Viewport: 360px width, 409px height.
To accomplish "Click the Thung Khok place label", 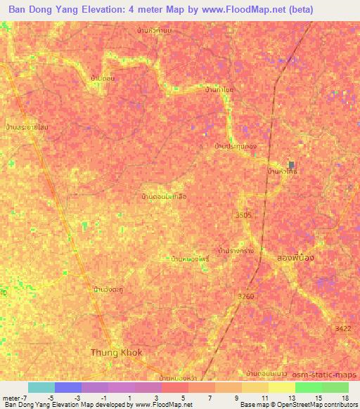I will pos(117,351).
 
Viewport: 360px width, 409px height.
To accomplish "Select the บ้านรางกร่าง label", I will pos(236,249).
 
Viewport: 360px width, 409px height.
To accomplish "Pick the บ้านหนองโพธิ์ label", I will pos(190,259).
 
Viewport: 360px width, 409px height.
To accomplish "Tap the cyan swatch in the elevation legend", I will pos(41,387).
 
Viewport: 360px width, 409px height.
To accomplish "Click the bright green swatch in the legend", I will pos(308,387).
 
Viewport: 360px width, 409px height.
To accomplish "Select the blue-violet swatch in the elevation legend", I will pos(68,387).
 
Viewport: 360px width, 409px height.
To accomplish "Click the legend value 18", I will pos(346,398).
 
